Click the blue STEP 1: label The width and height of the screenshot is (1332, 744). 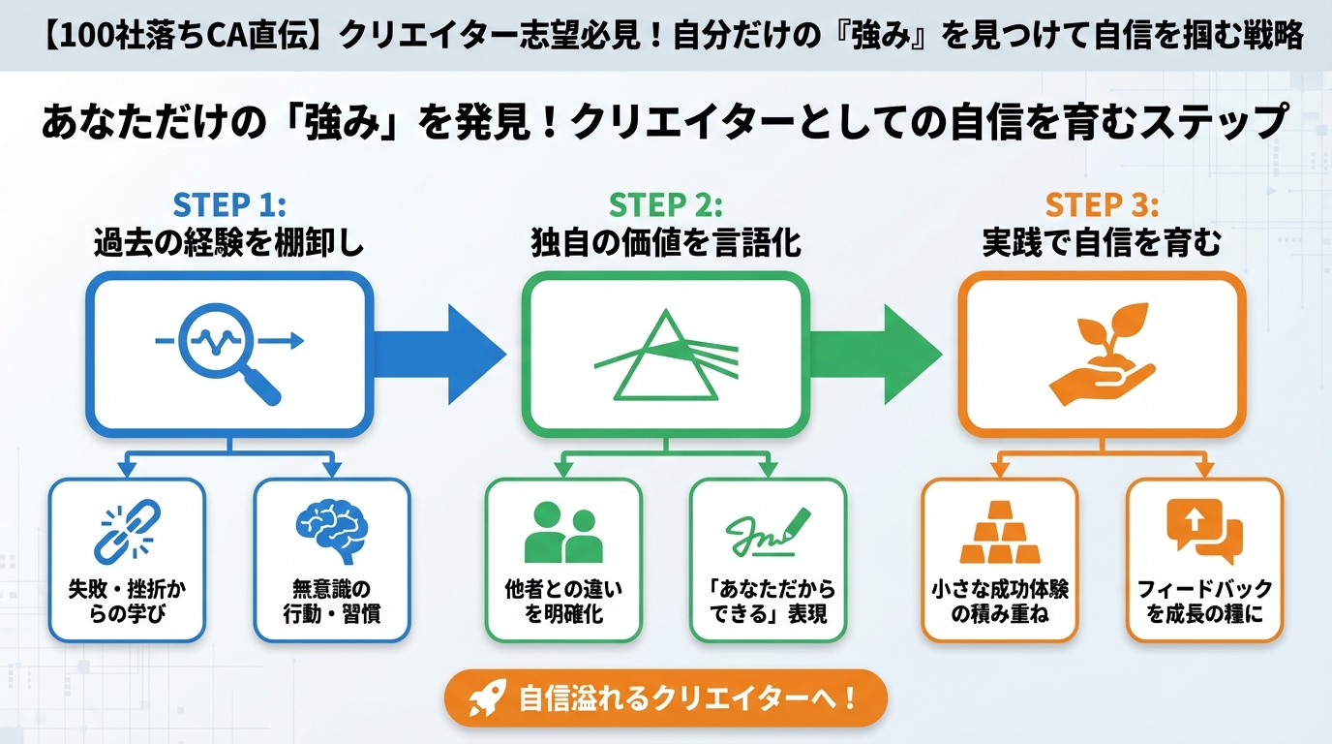click(228, 206)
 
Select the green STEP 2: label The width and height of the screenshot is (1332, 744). click(665, 206)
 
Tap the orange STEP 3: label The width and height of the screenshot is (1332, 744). click(1102, 206)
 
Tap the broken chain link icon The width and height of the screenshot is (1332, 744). click(127, 529)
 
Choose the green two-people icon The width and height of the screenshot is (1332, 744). click(562, 533)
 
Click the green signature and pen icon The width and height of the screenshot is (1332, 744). click(768, 531)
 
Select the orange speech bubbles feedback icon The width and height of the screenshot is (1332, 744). click(1204, 531)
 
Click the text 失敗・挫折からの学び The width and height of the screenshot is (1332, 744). click(127, 601)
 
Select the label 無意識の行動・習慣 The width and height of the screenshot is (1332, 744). click(332, 601)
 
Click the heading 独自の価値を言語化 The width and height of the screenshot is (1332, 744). click(665, 242)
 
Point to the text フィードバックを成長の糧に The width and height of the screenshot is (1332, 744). click(1204, 601)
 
